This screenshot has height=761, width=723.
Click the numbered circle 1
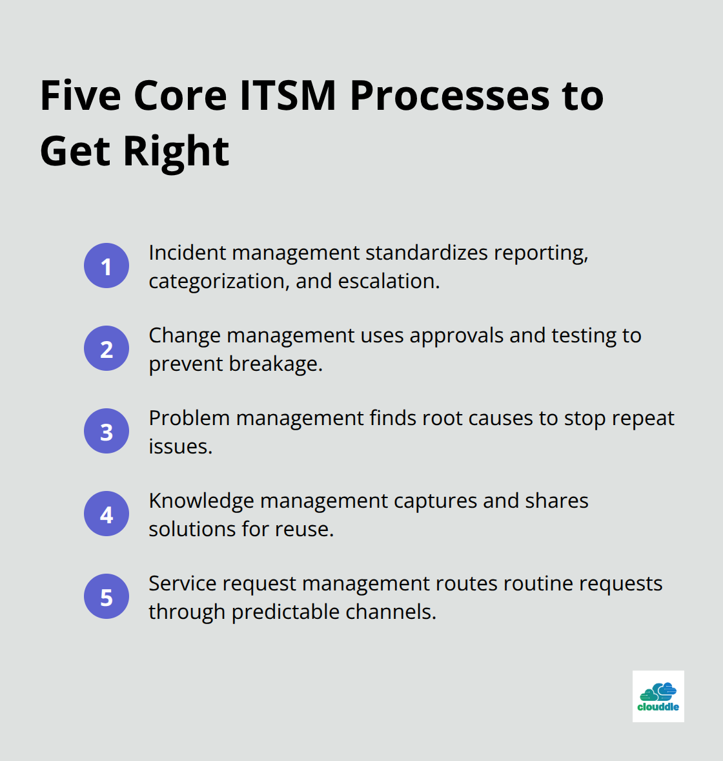click(x=107, y=266)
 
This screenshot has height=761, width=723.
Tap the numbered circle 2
click(x=107, y=348)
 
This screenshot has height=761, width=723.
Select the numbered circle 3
click(x=107, y=431)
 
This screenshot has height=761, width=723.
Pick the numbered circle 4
click(x=107, y=514)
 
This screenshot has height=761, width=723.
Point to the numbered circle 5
click(x=107, y=596)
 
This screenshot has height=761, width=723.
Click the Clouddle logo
click(x=658, y=696)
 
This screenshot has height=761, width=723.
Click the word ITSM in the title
click(x=288, y=96)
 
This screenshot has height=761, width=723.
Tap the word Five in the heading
click(x=81, y=96)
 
